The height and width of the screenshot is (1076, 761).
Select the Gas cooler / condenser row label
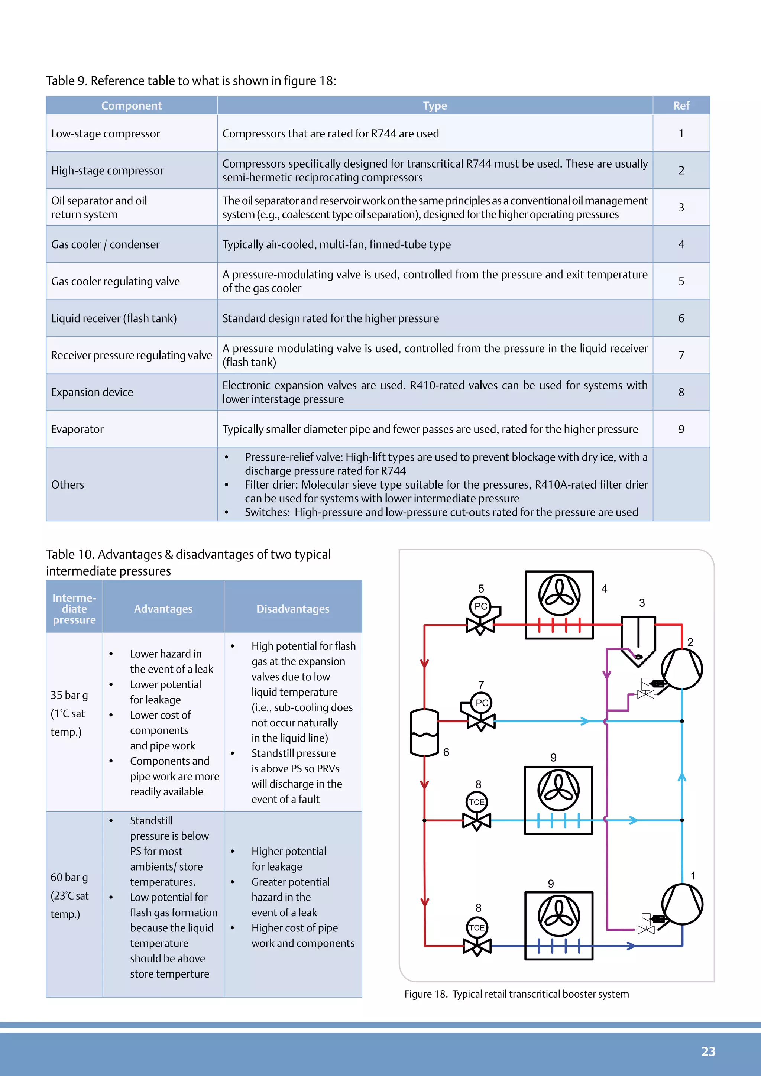[x=106, y=244]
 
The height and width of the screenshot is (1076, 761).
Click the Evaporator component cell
[x=77, y=429]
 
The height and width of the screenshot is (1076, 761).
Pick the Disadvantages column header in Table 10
[x=292, y=609]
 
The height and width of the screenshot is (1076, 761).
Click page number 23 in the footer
[x=708, y=1051]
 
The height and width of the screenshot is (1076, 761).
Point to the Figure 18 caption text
[x=516, y=994]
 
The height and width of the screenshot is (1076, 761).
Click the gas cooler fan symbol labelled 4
[x=559, y=595]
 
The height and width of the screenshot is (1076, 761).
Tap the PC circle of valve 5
[x=480, y=606]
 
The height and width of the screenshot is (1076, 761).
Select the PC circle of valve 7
[x=481, y=703]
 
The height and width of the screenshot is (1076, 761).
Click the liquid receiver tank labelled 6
[x=424, y=732]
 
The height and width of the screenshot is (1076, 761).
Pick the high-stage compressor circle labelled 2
[x=681, y=668]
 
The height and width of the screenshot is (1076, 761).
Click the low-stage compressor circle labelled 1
[x=682, y=904]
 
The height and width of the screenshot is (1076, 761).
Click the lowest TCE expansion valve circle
[x=477, y=927]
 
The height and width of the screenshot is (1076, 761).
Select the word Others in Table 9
[x=68, y=484]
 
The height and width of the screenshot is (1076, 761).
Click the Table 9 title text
[x=191, y=81]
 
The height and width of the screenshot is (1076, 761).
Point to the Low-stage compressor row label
[x=106, y=133]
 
